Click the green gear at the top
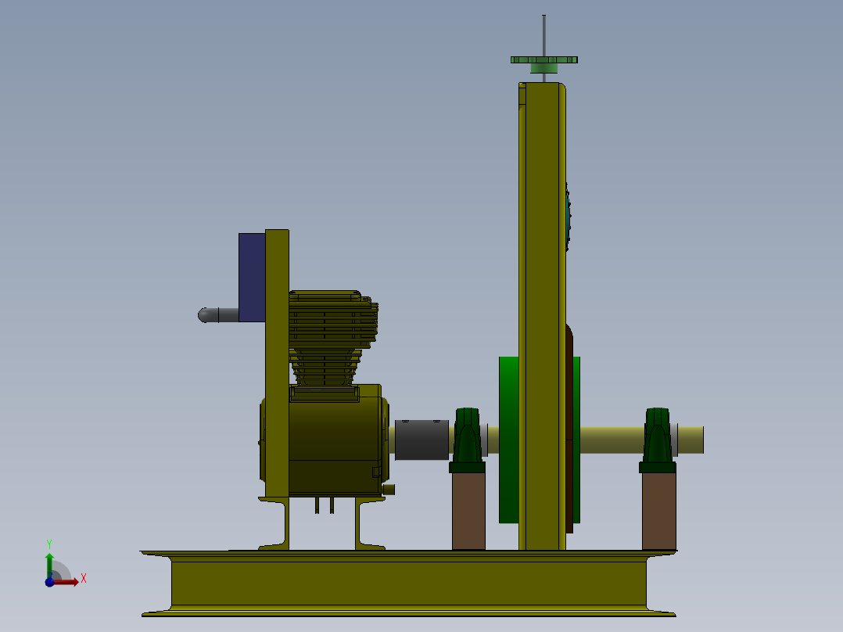pos(544,59)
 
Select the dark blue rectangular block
pos(251,277)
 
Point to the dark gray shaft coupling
pos(421,440)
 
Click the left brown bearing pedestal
pos(468,511)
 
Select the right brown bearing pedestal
pos(658,511)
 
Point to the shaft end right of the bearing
pos(691,440)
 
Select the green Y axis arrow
pos(48,562)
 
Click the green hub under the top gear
pos(544,69)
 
